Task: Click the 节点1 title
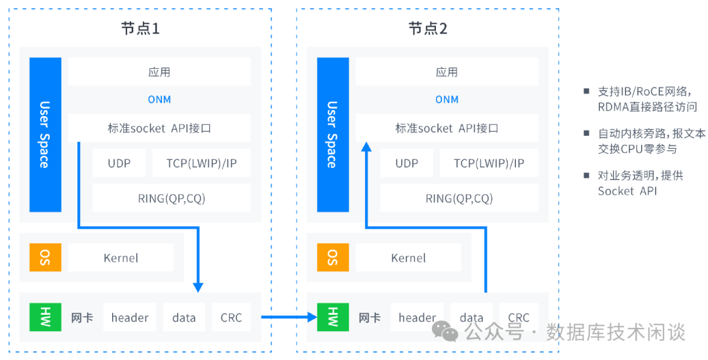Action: tap(140, 28)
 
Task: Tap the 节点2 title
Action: tap(427, 28)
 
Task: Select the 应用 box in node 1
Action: tap(159, 71)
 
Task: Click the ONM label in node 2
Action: tap(447, 100)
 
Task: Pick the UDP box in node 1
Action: tap(119, 163)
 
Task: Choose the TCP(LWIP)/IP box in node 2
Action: tap(489, 163)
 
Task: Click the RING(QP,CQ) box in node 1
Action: tap(172, 198)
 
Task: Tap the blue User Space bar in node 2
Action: tap(332, 134)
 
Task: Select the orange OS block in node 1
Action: tap(45, 257)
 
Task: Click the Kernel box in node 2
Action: tap(408, 258)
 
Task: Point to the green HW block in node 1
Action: tap(45, 317)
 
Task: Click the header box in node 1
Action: tap(130, 317)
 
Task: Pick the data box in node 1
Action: tap(184, 317)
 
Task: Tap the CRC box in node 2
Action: tap(519, 317)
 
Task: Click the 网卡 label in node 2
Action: tap(370, 318)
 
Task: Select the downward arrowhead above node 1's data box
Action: tap(198, 287)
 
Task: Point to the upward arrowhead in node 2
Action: tap(366, 149)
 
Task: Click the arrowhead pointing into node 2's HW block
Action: tap(310, 317)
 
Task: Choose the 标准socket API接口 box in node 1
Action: tap(159, 128)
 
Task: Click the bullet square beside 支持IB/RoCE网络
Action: tap(587, 91)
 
